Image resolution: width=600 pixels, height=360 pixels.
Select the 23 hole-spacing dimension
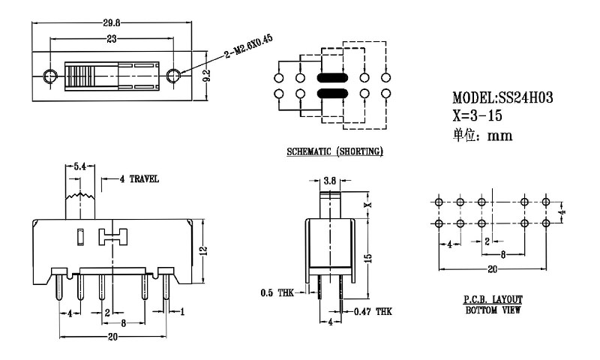point(111,38)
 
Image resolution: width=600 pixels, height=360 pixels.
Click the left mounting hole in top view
point(50,76)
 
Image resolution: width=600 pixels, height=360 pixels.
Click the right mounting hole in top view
point(173,76)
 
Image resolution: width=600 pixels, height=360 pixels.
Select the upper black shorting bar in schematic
point(332,77)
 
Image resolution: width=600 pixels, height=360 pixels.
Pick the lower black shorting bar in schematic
point(332,94)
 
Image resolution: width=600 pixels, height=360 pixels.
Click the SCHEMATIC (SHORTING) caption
point(335,152)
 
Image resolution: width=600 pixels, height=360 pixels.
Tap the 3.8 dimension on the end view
point(330,181)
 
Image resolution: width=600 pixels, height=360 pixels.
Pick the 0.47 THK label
point(373,311)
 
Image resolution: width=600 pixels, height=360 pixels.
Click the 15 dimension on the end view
point(368,257)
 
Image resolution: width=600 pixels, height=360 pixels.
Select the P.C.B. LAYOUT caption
point(492,299)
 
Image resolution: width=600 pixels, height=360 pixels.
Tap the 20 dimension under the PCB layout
point(492,268)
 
